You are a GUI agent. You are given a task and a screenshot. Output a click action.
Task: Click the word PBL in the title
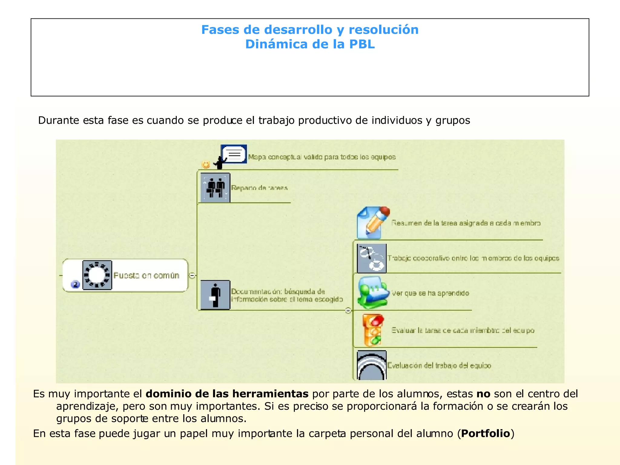click(x=362, y=44)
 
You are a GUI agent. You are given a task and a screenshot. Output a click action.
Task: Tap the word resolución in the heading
click(x=384, y=30)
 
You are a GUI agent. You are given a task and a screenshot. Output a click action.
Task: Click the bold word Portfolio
click(x=486, y=434)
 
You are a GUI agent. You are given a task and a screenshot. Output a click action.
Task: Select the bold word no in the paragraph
click(x=483, y=394)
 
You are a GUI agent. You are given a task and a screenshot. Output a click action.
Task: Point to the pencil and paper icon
click(x=373, y=223)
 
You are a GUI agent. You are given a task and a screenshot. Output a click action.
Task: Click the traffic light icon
click(x=373, y=330)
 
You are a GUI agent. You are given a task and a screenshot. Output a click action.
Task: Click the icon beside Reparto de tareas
click(x=215, y=188)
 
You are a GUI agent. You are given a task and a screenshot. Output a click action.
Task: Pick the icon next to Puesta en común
click(x=97, y=275)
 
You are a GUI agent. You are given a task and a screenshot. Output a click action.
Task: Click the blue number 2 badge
click(x=75, y=284)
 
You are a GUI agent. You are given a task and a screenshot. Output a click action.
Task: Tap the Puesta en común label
click(x=146, y=275)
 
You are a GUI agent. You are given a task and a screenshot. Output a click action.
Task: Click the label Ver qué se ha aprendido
click(x=430, y=293)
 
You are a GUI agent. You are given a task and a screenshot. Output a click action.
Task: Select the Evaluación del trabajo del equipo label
click(x=439, y=365)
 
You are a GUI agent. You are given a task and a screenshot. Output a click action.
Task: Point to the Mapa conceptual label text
click(x=322, y=157)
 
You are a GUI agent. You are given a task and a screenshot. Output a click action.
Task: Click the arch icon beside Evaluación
click(x=371, y=365)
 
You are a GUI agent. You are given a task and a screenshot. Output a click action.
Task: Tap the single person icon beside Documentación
click(x=215, y=295)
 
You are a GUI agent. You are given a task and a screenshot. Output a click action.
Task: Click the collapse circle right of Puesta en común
click(x=192, y=275)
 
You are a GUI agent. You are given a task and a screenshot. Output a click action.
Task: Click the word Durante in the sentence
click(x=58, y=120)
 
